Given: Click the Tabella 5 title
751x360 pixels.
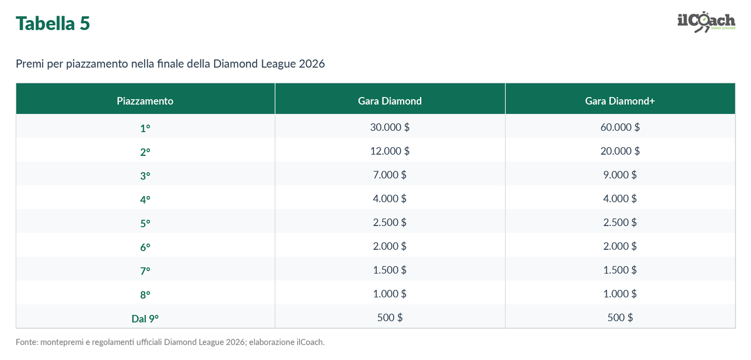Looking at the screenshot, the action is click(53, 24).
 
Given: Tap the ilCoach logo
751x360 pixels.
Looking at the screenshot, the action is click(707, 22).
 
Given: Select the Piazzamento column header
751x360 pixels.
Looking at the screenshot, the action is click(145, 101).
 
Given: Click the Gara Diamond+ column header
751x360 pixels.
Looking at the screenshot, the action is click(620, 101).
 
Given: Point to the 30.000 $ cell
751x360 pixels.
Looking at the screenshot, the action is click(389, 127).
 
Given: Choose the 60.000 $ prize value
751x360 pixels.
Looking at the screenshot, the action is click(620, 127).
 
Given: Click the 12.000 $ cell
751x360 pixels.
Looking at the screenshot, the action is click(389, 151).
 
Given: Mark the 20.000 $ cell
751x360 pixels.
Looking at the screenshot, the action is click(620, 151).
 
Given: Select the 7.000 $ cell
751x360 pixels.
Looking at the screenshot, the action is click(389, 175).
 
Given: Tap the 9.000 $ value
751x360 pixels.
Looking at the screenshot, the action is click(620, 175).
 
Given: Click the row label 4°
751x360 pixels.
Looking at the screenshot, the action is click(145, 200).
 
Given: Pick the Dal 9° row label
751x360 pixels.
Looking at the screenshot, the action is click(145, 319).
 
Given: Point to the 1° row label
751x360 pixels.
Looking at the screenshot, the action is click(145, 128).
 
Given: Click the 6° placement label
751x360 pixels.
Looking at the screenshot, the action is click(145, 247).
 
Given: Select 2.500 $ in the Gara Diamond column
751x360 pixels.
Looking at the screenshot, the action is click(389, 222).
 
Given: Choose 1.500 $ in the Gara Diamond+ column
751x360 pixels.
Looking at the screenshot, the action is click(620, 270).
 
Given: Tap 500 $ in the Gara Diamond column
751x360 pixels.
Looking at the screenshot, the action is click(389, 317).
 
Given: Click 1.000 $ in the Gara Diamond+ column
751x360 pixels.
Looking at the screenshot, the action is click(620, 294).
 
